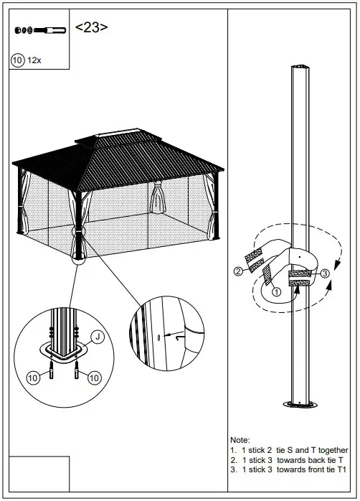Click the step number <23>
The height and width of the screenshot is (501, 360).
click(x=92, y=28)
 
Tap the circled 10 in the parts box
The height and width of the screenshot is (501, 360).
click(x=18, y=60)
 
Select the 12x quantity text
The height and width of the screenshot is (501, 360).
click(x=34, y=60)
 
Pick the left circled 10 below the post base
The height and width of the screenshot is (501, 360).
click(x=33, y=378)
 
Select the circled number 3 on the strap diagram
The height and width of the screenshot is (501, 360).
click(x=325, y=273)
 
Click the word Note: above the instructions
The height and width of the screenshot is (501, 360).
click(x=240, y=439)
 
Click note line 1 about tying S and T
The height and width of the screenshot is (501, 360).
click(x=289, y=449)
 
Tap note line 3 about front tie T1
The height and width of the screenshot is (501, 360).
click(x=289, y=469)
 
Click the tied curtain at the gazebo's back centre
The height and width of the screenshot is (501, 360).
click(x=157, y=196)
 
